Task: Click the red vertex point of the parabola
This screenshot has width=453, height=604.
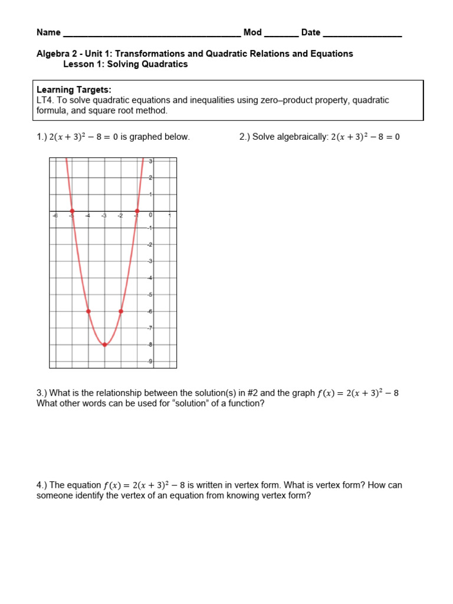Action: (x=105, y=344)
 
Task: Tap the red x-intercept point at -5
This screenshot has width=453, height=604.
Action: (x=72, y=211)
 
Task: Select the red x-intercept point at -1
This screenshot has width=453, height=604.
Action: (x=137, y=211)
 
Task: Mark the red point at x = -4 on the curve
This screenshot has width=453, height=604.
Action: (x=88, y=311)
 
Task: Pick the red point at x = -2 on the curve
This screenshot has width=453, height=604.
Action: (x=121, y=311)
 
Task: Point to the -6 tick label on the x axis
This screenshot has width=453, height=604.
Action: (x=55, y=216)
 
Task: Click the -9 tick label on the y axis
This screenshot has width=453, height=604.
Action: (x=150, y=361)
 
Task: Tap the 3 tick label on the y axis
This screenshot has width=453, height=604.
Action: (x=150, y=161)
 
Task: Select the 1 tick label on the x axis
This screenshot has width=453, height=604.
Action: (x=170, y=216)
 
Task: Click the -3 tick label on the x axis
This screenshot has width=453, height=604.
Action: (x=104, y=216)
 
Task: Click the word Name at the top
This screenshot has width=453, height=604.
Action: (x=48, y=32)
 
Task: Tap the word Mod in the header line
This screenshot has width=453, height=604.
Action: (x=252, y=32)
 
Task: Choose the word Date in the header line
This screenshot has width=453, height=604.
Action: (x=311, y=32)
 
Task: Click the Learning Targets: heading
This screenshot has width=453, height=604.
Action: (x=74, y=90)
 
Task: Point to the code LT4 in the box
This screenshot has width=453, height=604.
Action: (x=45, y=100)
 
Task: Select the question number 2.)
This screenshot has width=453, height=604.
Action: (x=245, y=137)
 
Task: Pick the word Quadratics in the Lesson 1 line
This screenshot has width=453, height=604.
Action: (x=165, y=64)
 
